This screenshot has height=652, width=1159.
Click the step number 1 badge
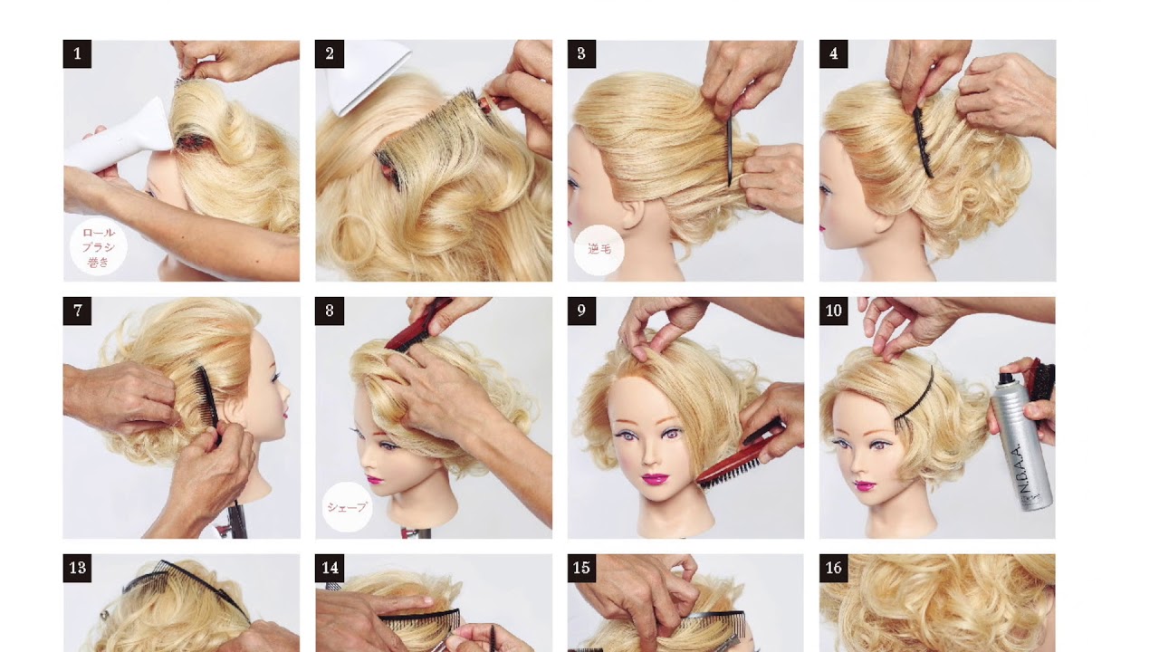pos(77,53)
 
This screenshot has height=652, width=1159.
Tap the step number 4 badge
pos(834,53)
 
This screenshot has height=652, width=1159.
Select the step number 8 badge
pos(330,311)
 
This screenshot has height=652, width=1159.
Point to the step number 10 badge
pos(834,311)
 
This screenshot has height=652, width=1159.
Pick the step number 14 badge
pos(330,568)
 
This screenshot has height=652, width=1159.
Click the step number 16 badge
pos(834,568)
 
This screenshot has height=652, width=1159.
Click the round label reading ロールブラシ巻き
pos(99,247)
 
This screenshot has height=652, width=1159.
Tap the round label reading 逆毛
pos(599,250)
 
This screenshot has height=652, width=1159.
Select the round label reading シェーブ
pos(347,507)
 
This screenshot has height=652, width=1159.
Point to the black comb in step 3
pos(729,151)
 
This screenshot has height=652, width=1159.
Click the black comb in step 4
pos(923,141)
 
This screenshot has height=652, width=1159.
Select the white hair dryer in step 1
pos(120,137)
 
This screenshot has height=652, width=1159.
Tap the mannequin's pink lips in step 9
pos(655,479)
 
